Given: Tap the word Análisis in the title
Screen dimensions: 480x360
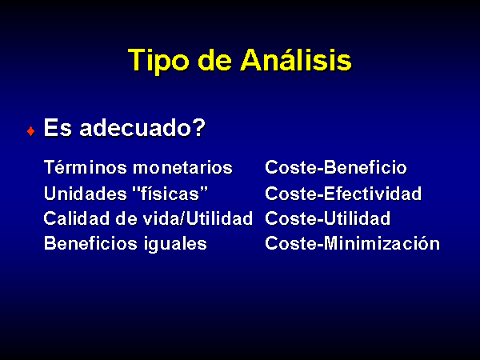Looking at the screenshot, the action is (x=296, y=59).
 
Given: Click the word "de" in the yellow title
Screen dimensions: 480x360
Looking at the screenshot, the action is (x=215, y=60).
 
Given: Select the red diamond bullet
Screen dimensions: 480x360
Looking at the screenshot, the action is (x=30, y=131).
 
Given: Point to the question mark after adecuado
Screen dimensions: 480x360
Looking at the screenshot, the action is (x=199, y=127).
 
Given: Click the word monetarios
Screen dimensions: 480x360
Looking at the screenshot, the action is (x=182, y=168).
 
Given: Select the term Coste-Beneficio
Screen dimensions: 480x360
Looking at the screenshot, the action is (x=336, y=167).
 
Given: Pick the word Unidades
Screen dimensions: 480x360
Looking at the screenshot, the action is (x=86, y=194).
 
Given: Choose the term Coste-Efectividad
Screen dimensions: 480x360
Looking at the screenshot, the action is (x=343, y=194).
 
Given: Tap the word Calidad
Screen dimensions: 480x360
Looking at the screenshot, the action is (x=76, y=218).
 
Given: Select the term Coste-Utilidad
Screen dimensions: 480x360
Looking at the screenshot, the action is (x=327, y=218).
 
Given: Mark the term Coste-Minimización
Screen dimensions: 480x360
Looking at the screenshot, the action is (x=352, y=243).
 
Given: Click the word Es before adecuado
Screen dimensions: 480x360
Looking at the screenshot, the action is (x=58, y=127).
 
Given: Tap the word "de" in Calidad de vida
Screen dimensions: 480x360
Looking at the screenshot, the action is (x=126, y=218).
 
